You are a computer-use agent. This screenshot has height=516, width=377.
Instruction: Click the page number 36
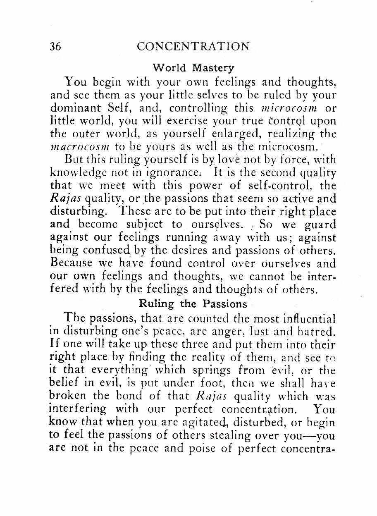coord(55,46)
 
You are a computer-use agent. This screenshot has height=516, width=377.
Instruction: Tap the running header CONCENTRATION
coord(193,46)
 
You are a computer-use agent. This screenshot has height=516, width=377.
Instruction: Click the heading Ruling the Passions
coord(193,304)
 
